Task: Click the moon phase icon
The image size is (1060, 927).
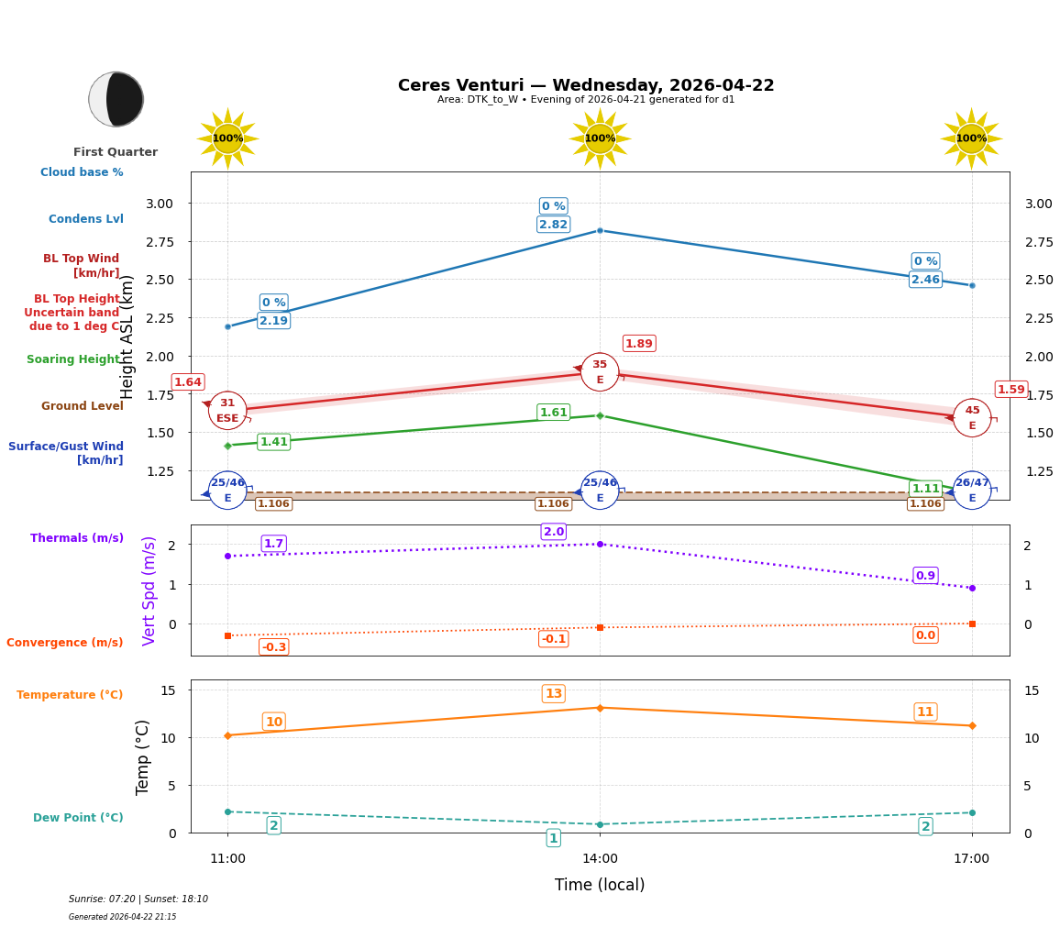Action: pyautogui.click(x=116, y=99)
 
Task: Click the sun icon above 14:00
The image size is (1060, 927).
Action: pyautogui.click(x=600, y=138)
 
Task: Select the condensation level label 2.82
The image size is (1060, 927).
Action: pyautogui.click(x=553, y=225)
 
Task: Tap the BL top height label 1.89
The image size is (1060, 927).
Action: pyautogui.click(x=639, y=344)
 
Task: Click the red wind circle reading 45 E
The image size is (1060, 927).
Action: pyautogui.click(x=972, y=418)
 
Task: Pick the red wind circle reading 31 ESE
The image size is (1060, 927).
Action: pyautogui.click(x=227, y=411)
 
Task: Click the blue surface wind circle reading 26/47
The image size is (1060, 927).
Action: pyautogui.click(x=972, y=491)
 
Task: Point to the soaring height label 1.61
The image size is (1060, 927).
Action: pyautogui.click(x=553, y=413)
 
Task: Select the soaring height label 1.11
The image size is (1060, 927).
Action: pyautogui.click(x=925, y=489)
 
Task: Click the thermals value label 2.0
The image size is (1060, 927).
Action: pyautogui.click(x=553, y=532)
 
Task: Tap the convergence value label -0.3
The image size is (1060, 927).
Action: pyautogui.click(x=273, y=647)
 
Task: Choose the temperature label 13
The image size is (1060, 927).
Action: pyautogui.click(x=553, y=694)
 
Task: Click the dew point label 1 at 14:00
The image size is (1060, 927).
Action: pyautogui.click(x=553, y=838)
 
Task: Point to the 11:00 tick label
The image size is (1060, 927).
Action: pyautogui.click(x=227, y=859)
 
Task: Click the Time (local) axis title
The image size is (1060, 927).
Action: pyautogui.click(x=600, y=885)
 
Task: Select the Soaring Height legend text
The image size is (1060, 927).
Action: pyautogui.click(x=73, y=359)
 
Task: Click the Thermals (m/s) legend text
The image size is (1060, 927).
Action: pyautogui.click(x=77, y=538)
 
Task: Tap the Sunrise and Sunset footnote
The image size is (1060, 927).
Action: pyautogui.click(x=138, y=899)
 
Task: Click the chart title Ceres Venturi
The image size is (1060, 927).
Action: pyautogui.click(x=586, y=85)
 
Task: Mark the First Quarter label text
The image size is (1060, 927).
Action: pyautogui.click(x=116, y=152)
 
